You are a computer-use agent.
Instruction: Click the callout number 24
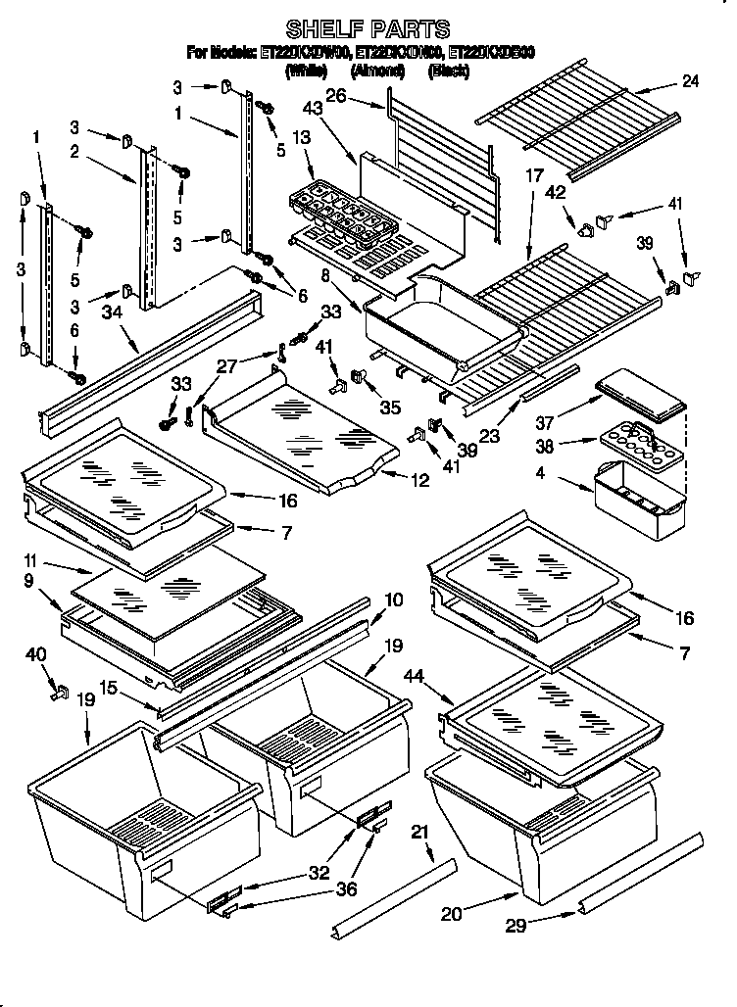coord(690,82)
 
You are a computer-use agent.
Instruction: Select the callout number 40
coord(35,655)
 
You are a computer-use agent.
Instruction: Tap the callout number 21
coord(420,833)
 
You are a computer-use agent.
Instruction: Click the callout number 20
coord(450,915)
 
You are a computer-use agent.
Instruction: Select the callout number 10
coord(391,599)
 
